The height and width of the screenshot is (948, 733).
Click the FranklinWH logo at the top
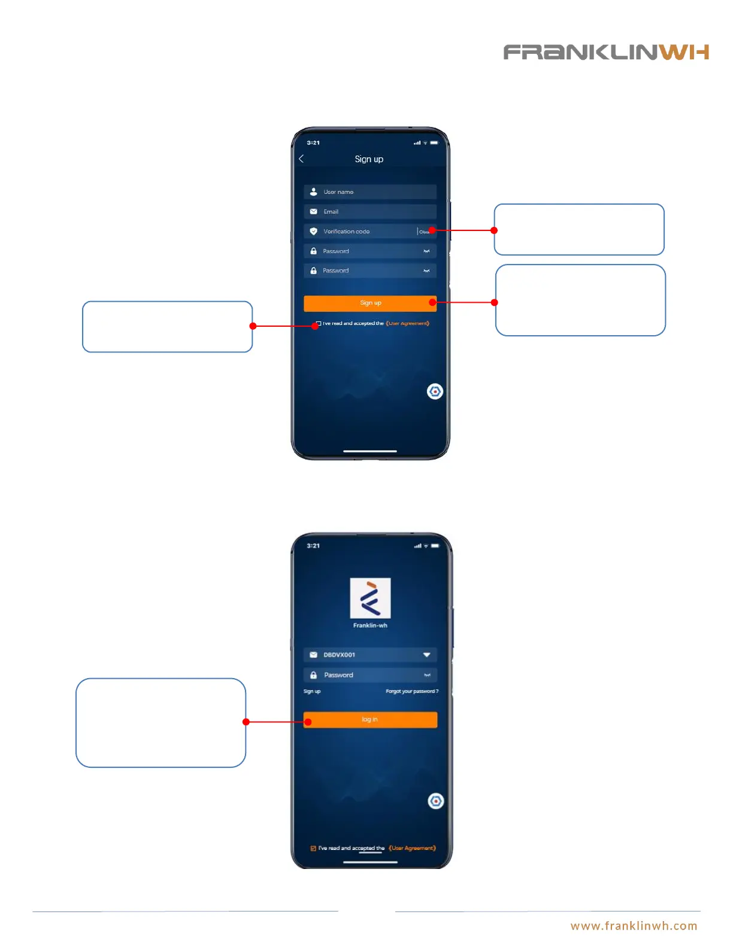click(x=605, y=52)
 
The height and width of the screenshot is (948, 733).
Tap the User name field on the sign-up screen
click(x=369, y=192)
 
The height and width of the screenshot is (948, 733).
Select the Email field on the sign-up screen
click(x=369, y=212)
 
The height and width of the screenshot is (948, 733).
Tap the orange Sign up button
click(x=369, y=303)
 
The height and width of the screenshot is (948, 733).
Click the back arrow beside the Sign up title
click(x=301, y=159)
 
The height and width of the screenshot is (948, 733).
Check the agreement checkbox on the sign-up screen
click(x=319, y=324)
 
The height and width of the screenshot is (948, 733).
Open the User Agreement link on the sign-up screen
click(x=408, y=324)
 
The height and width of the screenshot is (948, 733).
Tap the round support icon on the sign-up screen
click(x=435, y=391)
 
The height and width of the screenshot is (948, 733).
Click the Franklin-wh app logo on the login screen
click(x=370, y=598)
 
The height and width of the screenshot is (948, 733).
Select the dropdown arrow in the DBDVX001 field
click(x=426, y=655)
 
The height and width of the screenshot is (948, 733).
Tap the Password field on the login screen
click(x=369, y=675)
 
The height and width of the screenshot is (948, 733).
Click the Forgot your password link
click(x=411, y=691)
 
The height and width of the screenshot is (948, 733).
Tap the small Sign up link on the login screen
click(x=312, y=691)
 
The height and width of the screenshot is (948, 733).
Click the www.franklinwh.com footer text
click(x=634, y=926)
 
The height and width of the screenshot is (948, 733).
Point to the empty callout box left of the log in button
click(x=160, y=722)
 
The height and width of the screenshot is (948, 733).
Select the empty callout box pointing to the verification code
click(x=578, y=230)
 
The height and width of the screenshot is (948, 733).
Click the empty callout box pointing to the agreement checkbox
click(x=167, y=327)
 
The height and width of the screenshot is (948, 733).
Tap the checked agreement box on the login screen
click(x=313, y=848)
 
